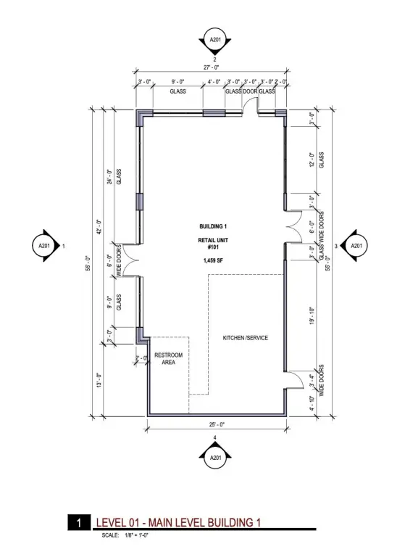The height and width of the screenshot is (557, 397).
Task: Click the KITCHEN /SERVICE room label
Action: [x=245, y=338]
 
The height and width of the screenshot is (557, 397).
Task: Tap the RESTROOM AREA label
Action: [x=169, y=358]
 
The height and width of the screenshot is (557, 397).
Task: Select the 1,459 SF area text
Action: [x=213, y=260]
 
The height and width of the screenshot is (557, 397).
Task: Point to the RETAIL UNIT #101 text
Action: [x=213, y=244]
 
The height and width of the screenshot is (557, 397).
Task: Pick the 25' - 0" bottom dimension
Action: [x=217, y=424]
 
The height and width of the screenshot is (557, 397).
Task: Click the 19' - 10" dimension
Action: [x=312, y=315]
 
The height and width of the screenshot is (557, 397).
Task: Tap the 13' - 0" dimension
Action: [x=100, y=380]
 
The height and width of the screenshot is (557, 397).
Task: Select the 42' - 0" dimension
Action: [x=100, y=227]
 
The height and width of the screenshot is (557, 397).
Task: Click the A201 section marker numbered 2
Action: [x=214, y=40]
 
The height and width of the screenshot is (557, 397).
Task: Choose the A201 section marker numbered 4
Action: [x=215, y=458]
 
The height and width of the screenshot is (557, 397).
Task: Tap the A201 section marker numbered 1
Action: [x=44, y=245]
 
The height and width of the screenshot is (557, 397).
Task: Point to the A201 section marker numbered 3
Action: [x=356, y=245]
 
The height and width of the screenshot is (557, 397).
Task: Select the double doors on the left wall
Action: [x=130, y=261]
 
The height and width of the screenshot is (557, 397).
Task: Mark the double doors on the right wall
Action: [x=294, y=226]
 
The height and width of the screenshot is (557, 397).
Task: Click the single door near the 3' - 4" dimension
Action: [x=294, y=379]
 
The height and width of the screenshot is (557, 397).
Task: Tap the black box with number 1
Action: [x=79, y=522]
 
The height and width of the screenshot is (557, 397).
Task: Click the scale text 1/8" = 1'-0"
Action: [x=137, y=535]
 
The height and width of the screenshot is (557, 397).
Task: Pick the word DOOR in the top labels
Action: [x=250, y=91]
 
